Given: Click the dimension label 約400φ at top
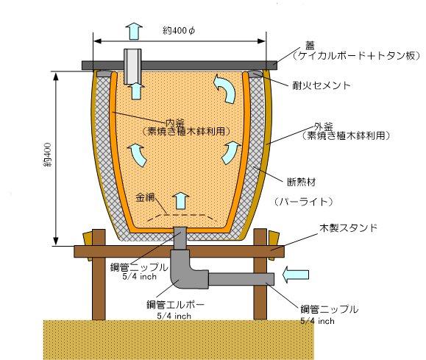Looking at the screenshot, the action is [179, 30].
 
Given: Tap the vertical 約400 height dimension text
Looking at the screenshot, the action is [47, 155].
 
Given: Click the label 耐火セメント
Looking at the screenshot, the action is [321, 85].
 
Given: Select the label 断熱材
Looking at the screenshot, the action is [302, 182].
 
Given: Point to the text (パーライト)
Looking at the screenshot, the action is [303, 202].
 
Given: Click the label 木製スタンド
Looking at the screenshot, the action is [348, 227].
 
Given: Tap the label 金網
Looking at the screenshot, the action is [145, 197].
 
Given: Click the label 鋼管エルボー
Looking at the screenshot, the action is [175, 305].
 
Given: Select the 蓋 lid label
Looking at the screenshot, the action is [310, 45].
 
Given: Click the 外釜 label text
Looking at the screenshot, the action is [323, 127].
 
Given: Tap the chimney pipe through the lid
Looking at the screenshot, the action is [132, 66].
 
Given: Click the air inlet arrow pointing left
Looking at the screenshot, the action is [296, 275].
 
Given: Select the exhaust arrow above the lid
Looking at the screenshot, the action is [135, 31].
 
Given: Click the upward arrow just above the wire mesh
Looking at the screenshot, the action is [181, 201].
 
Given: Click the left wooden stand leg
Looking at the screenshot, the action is [99, 275].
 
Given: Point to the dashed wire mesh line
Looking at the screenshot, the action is [180, 216].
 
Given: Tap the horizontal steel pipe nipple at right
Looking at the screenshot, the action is [241, 279].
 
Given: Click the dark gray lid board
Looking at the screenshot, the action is [180, 66].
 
